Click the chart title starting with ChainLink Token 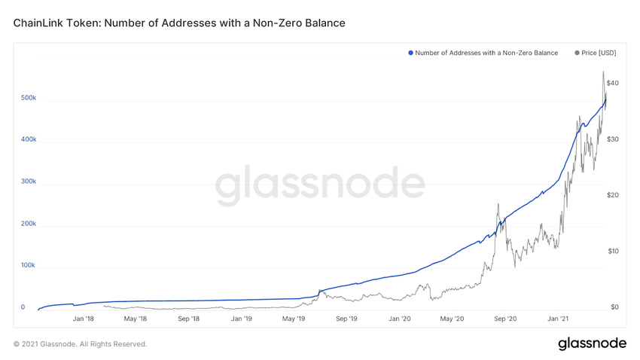click(x=179, y=23)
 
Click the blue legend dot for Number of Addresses click(x=410, y=53)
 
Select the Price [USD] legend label click(x=599, y=53)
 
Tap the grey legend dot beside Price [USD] click(x=578, y=53)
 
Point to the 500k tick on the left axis click(x=29, y=98)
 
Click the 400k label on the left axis click(x=29, y=139)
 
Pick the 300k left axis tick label click(x=29, y=182)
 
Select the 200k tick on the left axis click(x=29, y=224)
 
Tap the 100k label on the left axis click(x=29, y=265)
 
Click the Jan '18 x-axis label click(x=83, y=319)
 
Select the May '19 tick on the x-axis click(x=293, y=319)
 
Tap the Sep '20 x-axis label click(x=504, y=319)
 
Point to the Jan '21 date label click(x=558, y=319)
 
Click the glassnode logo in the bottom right click(x=592, y=343)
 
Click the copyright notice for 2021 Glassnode click(x=80, y=344)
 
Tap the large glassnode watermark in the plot click(x=320, y=185)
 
